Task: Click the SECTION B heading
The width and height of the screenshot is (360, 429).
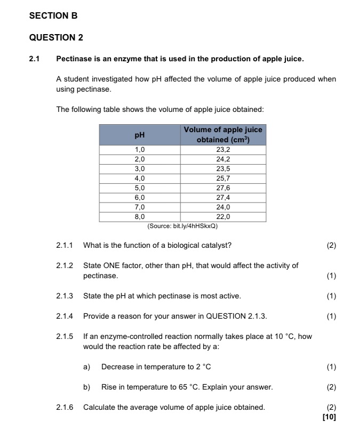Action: pyautogui.click(x=53, y=16)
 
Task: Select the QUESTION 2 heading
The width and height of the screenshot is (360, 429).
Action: pyautogui.click(x=56, y=37)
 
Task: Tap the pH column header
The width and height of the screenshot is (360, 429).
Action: pyautogui.click(x=139, y=135)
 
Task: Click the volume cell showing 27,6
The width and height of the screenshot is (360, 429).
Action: pyautogui.click(x=223, y=188)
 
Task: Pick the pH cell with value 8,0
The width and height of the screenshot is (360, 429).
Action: pyautogui.click(x=139, y=217)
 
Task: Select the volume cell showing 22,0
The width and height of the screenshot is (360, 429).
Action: pyautogui.click(x=223, y=217)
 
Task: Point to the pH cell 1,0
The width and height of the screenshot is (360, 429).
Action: pyautogui.click(x=139, y=150)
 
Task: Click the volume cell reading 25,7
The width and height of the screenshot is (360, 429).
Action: pyautogui.click(x=223, y=179)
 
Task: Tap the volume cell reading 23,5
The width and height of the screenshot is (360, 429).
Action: pyautogui.click(x=223, y=169)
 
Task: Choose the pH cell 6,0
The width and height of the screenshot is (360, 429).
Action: pyautogui.click(x=139, y=198)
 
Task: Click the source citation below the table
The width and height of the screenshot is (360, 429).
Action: pyautogui.click(x=182, y=226)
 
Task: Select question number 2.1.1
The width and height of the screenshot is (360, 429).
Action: pyautogui.click(x=65, y=246)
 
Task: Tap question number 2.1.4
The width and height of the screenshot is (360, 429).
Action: pyautogui.click(x=65, y=317)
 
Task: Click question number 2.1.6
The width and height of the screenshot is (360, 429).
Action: pyautogui.click(x=65, y=408)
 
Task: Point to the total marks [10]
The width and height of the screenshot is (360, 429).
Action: pyautogui.click(x=330, y=417)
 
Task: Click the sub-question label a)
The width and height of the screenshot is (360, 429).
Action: pyautogui.click(x=86, y=367)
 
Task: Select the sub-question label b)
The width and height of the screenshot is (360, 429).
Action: pyautogui.click(x=86, y=387)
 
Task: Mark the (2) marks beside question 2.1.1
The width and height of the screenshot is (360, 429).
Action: pyautogui.click(x=331, y=246)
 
